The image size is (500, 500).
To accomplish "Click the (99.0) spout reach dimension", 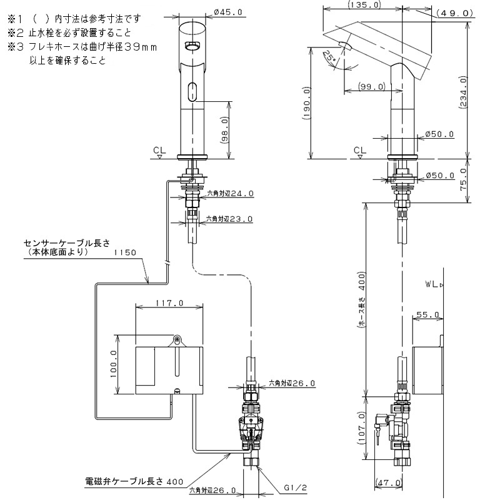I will pos(371,87).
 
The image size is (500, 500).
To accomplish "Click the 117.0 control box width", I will pos(169,303).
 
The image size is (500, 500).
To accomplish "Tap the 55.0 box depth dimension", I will pos(428,314).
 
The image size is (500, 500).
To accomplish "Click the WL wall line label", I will pos(432,284).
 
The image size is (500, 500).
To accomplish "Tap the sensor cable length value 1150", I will pos(125,254).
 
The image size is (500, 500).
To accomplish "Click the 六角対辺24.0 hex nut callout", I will pos(230,194).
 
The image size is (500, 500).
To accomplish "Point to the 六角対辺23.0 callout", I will pos(230,219).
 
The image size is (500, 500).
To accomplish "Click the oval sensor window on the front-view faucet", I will pos(192,91).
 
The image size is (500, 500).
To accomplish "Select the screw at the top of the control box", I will pos(177,341).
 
